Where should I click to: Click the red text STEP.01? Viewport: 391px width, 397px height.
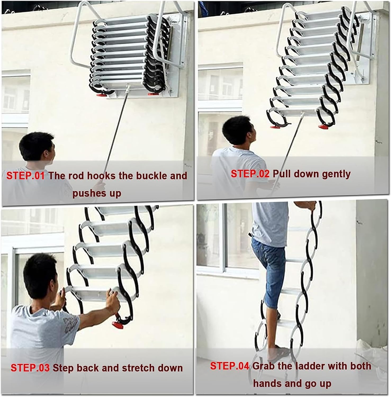[x=25, y=176]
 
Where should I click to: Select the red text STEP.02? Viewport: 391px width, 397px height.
[x=250, y=174]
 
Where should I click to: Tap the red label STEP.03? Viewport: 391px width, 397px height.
[x=30, y=368]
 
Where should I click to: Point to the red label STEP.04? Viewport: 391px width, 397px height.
[x=230, y=366]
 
